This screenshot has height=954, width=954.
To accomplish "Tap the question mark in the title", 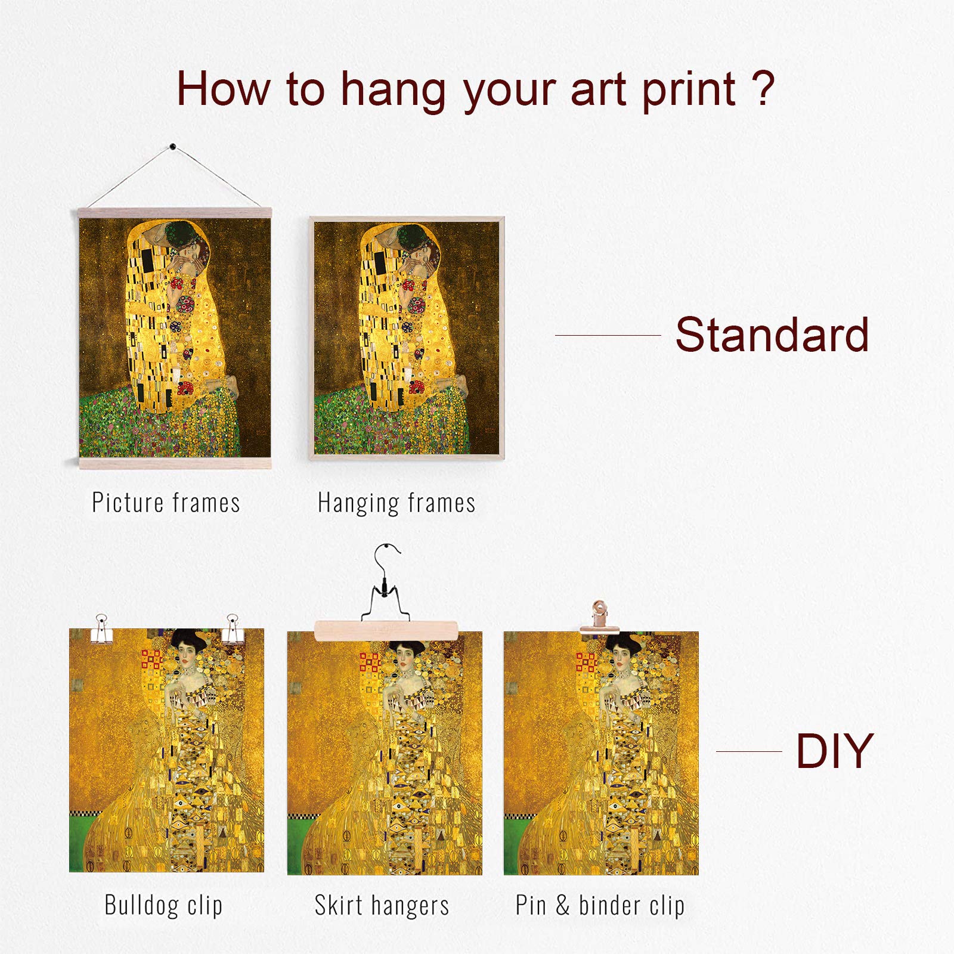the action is coord(763,88).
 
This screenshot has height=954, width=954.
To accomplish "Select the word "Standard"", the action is coord(772,334).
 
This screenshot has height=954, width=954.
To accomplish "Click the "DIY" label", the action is coord(835,751).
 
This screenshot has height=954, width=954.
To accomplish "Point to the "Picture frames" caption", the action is coord(166,502).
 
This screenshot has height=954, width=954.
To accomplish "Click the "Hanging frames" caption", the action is coord(397,503).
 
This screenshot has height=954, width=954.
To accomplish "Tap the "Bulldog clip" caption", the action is coord(163,905).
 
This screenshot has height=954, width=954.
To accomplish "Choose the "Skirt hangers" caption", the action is coord(382,906).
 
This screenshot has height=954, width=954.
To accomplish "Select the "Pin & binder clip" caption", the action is coord(600,906).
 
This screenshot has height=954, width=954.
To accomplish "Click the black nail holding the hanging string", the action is coord(173,146).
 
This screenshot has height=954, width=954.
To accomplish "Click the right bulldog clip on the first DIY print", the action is coord(233,628).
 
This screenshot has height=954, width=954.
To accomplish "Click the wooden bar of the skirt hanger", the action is coord(386,630).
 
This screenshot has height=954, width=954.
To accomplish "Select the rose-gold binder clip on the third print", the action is coord(600,617).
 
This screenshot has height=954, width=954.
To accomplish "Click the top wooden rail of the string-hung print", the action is coord(175,213).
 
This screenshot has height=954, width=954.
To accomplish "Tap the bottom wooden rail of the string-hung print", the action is coord(175,463).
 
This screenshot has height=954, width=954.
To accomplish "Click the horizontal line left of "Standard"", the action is coord(608,335).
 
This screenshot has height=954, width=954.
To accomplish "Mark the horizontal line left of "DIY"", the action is coord(749,751).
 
